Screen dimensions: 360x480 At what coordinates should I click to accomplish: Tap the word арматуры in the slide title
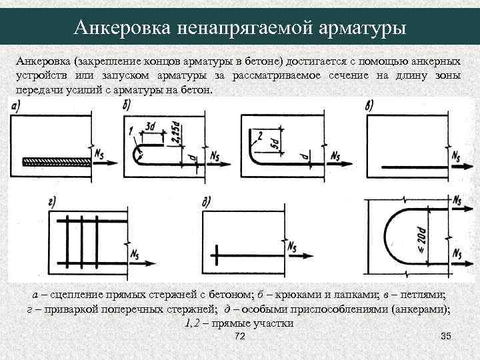tap(361, 27)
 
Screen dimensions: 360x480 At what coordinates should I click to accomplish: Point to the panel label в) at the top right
tap(371, 105)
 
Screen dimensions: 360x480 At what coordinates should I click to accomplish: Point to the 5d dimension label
tap(273, 145)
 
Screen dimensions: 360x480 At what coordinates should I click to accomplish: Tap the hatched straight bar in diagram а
tap(56, 161)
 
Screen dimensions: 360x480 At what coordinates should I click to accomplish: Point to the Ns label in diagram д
tap(292, 245)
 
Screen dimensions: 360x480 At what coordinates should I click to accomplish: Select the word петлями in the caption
tap(426, 294)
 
